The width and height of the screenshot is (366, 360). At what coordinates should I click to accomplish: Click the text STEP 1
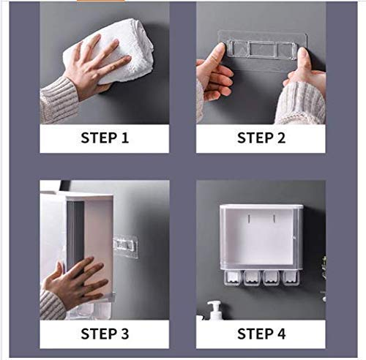(105, 138)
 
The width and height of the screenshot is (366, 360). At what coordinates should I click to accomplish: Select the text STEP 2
(261, 138)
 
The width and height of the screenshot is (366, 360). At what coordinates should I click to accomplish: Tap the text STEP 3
(105, 334)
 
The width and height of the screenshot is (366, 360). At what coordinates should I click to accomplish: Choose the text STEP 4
(261, 334)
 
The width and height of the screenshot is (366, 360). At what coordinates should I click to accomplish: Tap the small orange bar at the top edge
(109, 1)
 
